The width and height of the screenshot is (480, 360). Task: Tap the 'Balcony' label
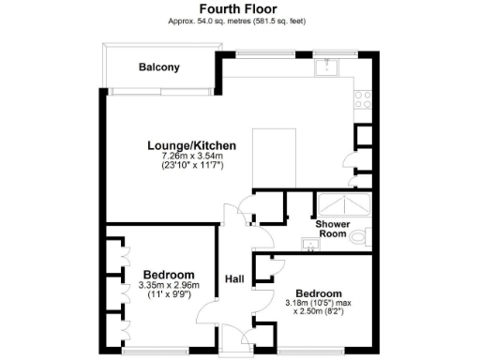tap(158, 67)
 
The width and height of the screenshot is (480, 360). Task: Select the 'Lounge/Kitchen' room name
tap(191, 145)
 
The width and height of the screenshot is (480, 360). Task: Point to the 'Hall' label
tap(234, 278)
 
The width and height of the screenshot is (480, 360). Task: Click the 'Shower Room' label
tap(333, 230)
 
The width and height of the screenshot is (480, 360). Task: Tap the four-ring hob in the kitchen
tap(362, 97)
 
